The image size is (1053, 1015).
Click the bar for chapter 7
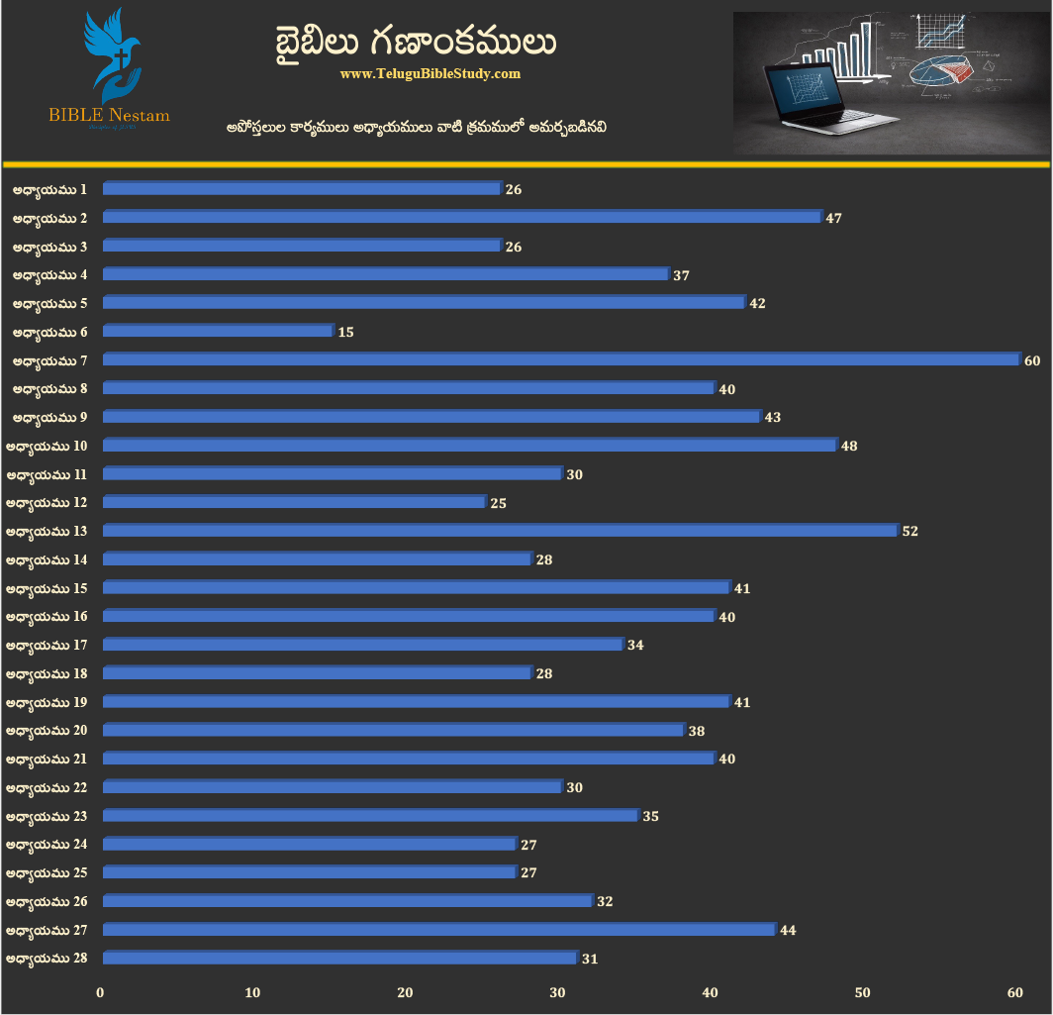[560, 359]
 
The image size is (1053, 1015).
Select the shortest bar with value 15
[218, 331]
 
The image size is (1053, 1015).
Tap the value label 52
[910, 532]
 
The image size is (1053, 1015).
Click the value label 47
[833, 218]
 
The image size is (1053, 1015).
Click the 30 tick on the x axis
[558, 992]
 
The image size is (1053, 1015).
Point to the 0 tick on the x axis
[101, 992]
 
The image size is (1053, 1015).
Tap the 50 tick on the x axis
[862, 992]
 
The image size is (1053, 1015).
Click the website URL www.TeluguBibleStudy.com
[430, 74]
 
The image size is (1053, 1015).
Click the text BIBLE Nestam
[109, 116]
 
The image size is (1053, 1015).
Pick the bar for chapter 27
[438, 930]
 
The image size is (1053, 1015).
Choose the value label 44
[788, 931]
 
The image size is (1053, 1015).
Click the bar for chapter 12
[294, 502]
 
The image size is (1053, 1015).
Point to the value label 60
[1032, 360]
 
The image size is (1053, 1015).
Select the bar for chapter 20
[393, 730]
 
